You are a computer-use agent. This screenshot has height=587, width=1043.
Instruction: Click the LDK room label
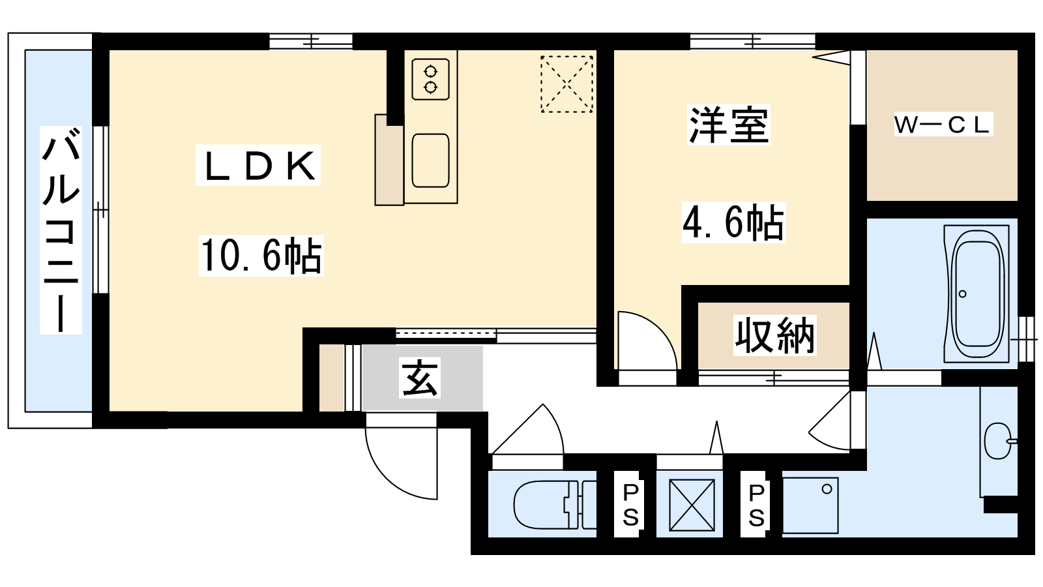258,166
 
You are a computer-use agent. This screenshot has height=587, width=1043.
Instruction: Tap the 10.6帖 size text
261,255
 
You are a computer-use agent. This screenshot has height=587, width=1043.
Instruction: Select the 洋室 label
729,125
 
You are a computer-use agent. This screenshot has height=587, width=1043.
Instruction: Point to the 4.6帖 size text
733,222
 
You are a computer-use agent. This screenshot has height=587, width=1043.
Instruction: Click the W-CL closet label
943,124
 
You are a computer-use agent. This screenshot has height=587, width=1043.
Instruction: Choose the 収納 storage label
774,335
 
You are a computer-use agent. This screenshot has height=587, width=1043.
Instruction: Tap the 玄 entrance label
419,378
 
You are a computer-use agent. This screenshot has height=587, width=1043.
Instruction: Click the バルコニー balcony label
61,230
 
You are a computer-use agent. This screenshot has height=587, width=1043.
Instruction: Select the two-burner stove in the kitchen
431,79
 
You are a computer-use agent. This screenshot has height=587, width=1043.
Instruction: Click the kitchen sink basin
431,160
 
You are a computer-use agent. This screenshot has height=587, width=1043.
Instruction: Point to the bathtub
977,293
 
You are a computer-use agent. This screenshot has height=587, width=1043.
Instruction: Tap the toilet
554,505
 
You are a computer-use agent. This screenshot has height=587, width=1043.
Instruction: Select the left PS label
630,505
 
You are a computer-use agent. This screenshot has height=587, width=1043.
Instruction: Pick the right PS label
756,505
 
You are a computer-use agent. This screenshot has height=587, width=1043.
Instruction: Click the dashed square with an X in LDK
566,84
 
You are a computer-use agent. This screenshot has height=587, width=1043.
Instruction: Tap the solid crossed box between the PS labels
692,505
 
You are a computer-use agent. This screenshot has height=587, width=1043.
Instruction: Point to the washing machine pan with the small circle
810,505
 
